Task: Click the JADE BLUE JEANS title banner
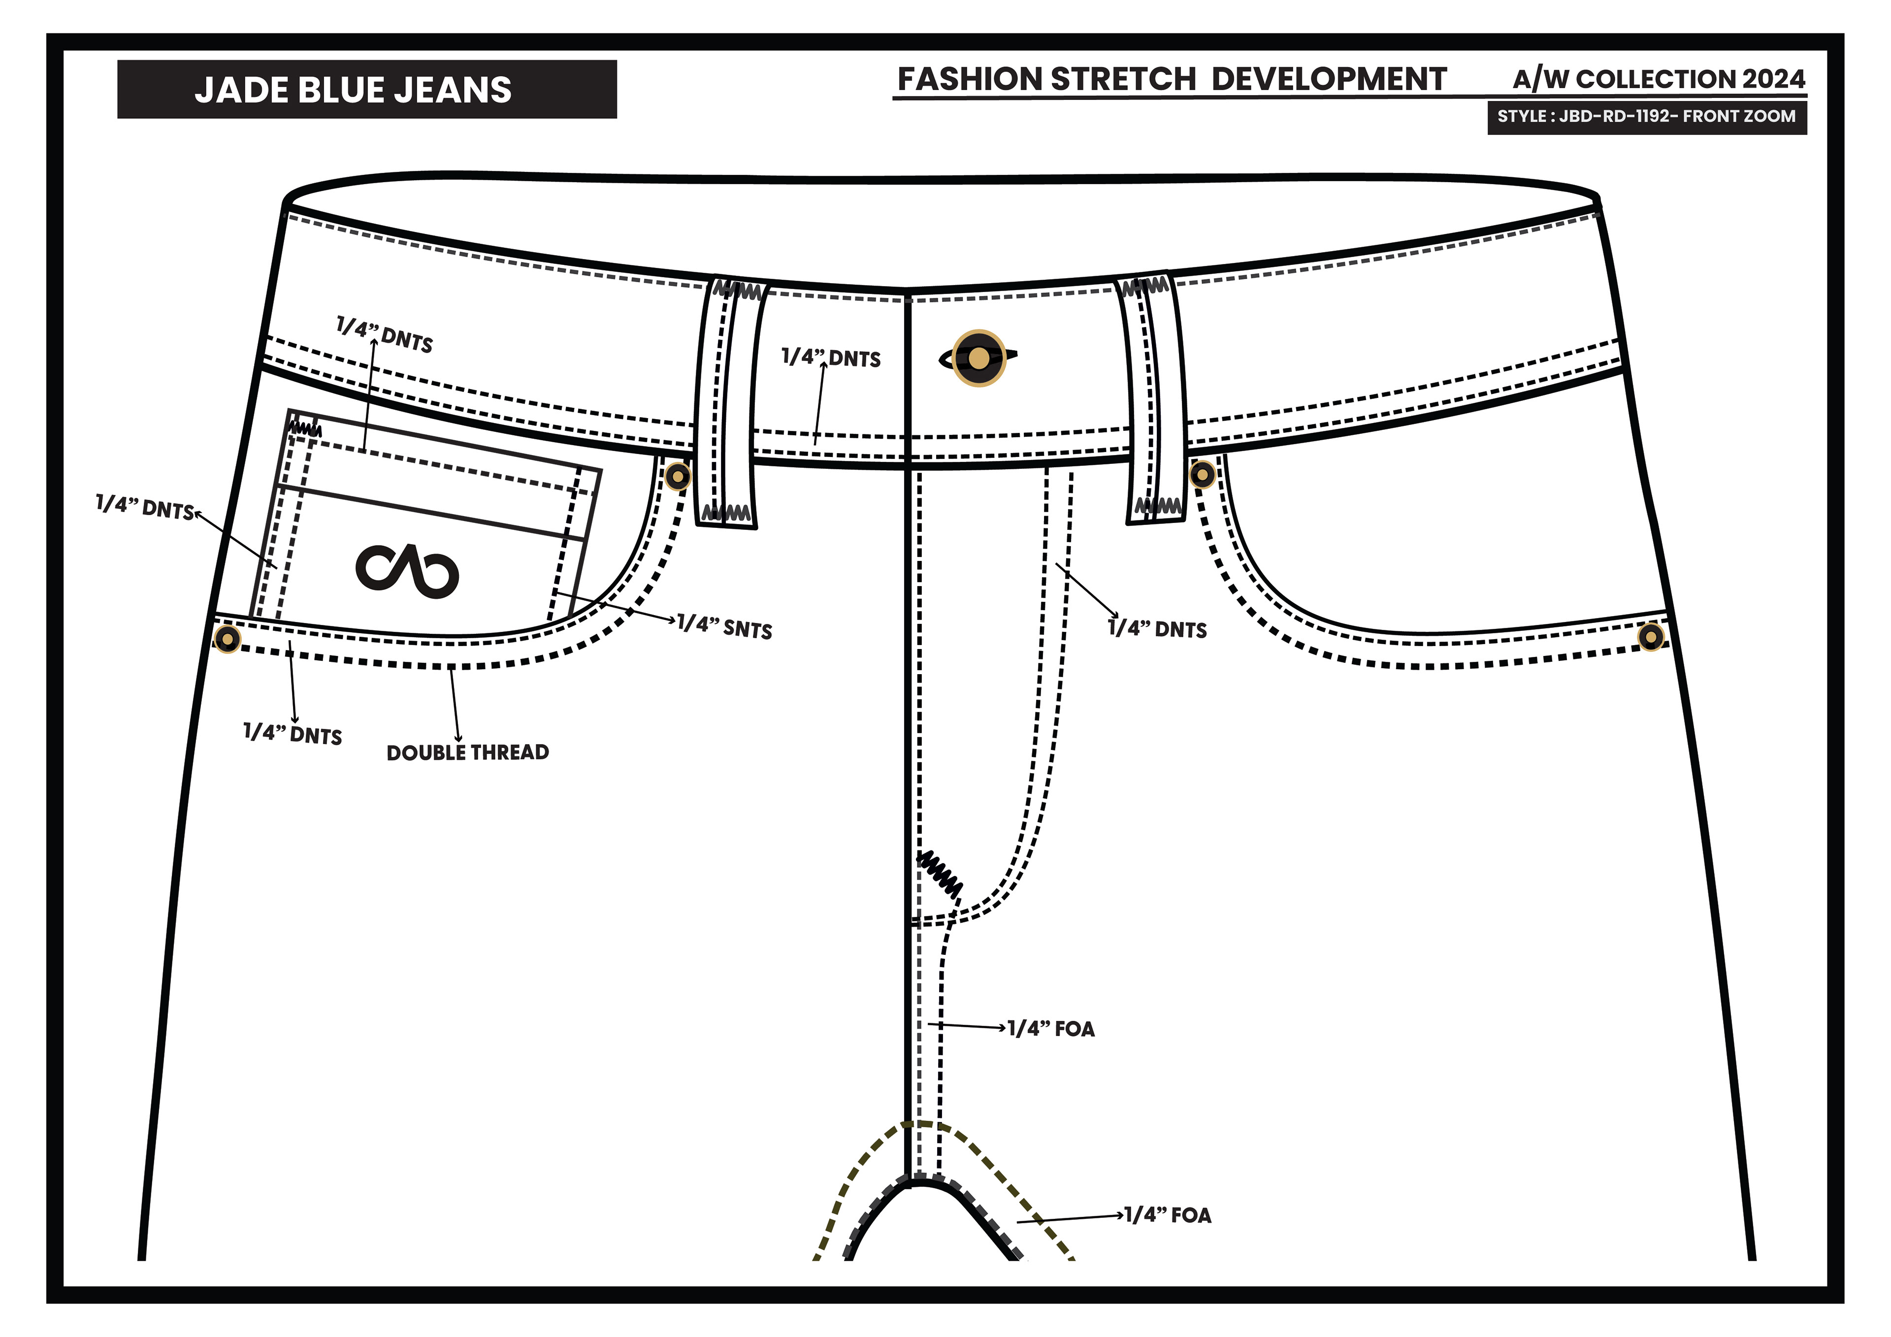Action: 366,89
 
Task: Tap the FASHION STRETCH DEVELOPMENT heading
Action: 1171,79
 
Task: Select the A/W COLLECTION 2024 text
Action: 1658,79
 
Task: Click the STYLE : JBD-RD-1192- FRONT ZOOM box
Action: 1646,116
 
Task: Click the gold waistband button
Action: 978,359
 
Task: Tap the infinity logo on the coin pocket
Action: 407,570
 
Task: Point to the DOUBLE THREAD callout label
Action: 467,752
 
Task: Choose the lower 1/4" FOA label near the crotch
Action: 1168,1215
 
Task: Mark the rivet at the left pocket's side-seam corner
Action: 228,638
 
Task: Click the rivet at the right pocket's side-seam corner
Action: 1651,637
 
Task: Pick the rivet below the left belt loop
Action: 677,476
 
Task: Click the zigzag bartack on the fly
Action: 940,873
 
